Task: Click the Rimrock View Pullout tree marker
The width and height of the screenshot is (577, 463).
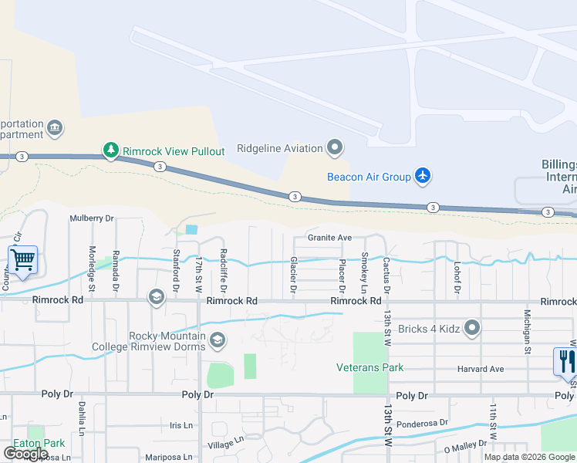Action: click(111, 150)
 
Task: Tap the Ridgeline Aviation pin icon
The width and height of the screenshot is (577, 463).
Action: click(335, 147)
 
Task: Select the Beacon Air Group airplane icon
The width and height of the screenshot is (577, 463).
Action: click(422, 176)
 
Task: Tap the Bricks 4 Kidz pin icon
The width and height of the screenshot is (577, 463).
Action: click(472, 328)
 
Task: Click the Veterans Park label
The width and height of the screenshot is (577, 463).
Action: click(369, 367)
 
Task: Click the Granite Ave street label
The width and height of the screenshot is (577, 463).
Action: click(329, 238)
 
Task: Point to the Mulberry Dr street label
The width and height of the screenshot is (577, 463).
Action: click(91, 218)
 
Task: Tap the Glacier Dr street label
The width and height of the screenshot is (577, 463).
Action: click(293, 275)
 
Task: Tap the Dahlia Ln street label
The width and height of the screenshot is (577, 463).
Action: click(81, 420)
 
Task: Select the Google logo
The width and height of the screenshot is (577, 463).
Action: click(25, 454)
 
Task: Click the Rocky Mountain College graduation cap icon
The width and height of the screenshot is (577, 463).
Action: click(218, 340)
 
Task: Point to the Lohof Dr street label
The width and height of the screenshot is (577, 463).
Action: click(457, 279)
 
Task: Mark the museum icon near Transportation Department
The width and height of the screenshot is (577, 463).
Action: click(54, 127)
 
